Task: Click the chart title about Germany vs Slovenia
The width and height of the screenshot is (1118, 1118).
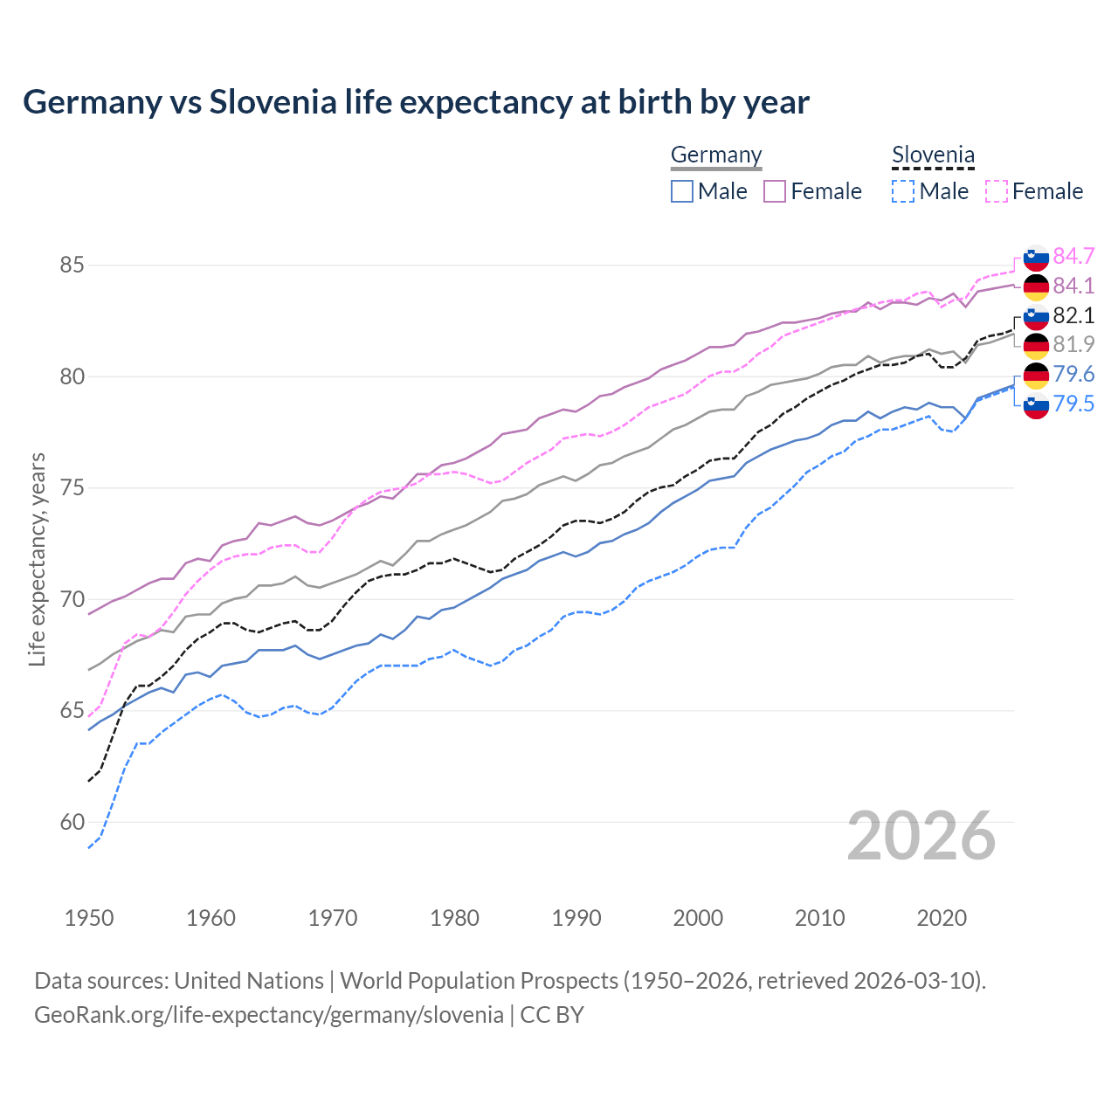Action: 416,102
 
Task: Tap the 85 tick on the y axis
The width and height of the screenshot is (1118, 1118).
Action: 72,265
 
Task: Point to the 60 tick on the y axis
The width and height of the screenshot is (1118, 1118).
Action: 72,822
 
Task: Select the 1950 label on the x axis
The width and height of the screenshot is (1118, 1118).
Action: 89,918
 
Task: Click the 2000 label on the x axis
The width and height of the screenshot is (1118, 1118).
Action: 698,918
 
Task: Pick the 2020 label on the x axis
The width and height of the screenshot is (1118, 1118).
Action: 942,918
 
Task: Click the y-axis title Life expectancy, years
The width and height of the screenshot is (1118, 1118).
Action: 38,559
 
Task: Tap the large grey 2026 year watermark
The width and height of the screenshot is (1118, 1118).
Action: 921,836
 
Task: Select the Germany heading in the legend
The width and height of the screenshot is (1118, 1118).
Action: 716,155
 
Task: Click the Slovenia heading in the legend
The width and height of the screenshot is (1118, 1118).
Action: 933,155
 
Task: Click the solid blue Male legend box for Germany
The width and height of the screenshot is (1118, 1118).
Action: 682,191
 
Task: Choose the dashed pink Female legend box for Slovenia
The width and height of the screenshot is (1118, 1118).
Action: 997,191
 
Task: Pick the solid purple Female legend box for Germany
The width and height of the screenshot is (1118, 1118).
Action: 775,191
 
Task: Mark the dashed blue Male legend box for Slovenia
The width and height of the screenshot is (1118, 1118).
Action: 903,191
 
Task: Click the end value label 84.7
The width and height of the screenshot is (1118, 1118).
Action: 1073,256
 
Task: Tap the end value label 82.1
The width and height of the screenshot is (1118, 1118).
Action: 1073,315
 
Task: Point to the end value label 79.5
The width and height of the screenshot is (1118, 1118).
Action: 1073,404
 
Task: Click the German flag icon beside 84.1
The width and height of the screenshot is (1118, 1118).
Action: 1036,286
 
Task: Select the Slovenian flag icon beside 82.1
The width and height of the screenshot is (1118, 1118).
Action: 1036,316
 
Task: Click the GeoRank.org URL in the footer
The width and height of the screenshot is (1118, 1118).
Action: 269,1015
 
